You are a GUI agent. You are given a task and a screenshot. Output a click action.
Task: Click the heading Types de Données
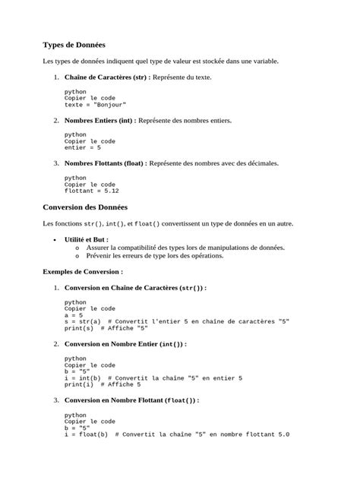point(74,45)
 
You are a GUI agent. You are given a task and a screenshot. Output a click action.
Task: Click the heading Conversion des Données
point(85,207)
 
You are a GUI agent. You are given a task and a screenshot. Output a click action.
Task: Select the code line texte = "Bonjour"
point(95,105)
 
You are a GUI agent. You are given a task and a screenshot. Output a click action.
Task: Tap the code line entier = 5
point(82,147)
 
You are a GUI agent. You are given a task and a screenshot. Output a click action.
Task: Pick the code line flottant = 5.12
point(91,191)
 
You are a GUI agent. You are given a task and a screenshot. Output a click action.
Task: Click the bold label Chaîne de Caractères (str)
point(106,77)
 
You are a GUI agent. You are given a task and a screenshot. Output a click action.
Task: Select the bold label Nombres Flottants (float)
point(106,163)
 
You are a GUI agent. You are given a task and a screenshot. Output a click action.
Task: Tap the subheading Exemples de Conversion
point(83,270)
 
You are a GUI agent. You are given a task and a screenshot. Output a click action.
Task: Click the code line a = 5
point(74,315)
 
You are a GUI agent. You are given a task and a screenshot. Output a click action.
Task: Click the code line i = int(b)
point(84,377)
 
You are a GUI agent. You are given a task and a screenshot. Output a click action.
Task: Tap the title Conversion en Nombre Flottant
point(131,399)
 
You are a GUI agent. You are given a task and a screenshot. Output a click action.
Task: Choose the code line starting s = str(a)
point(176,322)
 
